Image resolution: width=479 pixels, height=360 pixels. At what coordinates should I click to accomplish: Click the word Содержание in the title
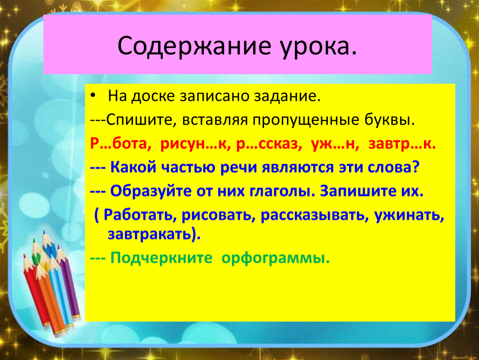[x=194, y=46]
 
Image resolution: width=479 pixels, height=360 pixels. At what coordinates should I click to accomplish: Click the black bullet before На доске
[x=93, y=96]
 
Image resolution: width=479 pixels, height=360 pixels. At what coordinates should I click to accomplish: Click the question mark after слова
[x=415, y=167]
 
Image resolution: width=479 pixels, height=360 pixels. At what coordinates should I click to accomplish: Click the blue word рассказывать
[x=313, y=215]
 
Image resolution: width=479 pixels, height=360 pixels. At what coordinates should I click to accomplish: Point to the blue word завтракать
[x=151, y=234]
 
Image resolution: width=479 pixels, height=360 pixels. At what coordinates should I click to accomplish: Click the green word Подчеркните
[x=161, y=258]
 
